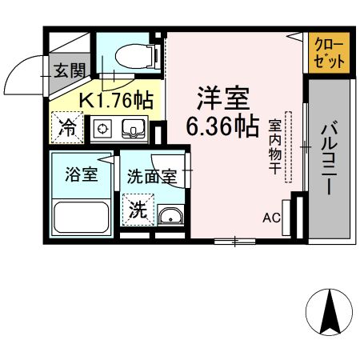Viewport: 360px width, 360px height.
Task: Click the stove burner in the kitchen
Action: pos(103,128)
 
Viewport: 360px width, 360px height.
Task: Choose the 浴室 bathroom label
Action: pos(79,174)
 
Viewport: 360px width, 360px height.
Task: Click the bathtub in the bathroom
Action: pos(80,217)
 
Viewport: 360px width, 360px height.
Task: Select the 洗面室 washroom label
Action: pos(151,177)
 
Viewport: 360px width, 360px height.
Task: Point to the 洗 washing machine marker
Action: pos(138,212)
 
